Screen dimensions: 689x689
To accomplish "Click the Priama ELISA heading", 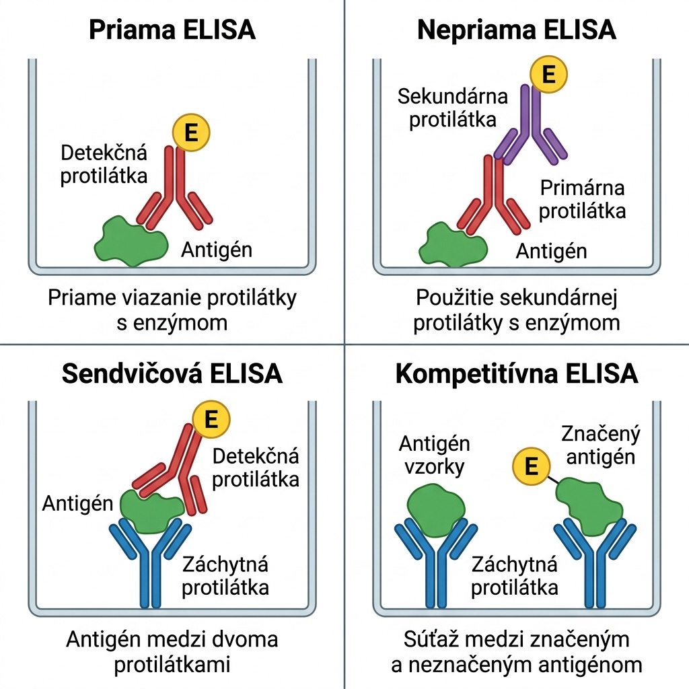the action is (172, 30).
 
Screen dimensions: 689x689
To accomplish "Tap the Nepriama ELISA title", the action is (516, 30).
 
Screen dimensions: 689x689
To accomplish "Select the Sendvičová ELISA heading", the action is (172, 373).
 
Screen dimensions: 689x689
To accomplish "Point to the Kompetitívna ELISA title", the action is (516, 373).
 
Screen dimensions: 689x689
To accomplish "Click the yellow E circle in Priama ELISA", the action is (190, 133).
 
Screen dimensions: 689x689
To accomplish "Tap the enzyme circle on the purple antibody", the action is (548, 74).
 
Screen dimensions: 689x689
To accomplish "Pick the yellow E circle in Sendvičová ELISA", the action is (211, 419).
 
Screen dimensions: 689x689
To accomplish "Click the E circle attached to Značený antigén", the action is (532, 466).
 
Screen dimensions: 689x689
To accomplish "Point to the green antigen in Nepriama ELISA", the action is (453, 245).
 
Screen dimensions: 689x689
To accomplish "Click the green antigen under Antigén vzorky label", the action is (436, 509).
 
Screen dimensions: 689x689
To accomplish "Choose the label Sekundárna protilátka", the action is (453, 108).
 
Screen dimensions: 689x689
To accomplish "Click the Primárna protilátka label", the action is (582, 199).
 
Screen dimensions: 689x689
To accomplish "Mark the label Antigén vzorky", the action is (434, 455).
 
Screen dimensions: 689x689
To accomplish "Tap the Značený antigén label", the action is (601, 445).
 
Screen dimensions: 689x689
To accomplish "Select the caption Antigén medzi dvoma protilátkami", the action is (172, 651).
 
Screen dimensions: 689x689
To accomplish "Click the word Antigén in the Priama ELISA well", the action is (217, 250).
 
